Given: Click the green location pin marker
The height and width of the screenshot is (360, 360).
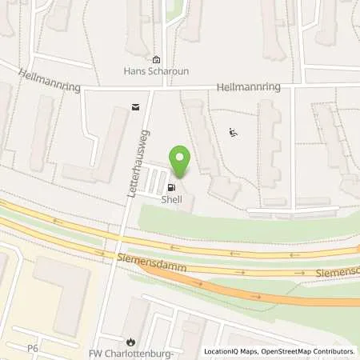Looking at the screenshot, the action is click(x=180, y=161).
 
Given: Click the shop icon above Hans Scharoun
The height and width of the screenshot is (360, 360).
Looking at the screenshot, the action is click(x=157, y=59).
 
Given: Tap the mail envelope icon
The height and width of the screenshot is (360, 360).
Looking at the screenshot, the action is click(x=134, y=105).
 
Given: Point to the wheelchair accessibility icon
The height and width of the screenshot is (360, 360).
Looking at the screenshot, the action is click(x=233, y=132).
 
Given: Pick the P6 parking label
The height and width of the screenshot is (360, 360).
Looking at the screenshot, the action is click(x=32, y=349).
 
